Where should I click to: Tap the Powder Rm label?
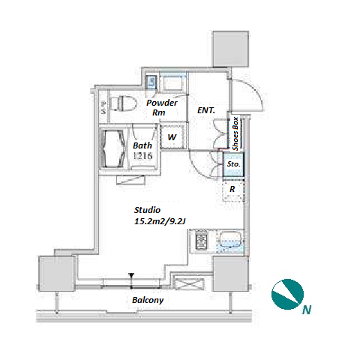162,107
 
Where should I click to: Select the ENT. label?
206,110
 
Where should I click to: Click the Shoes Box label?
235,133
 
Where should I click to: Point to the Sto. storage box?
233,165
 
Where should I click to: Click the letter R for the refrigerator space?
232,189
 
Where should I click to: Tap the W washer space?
172,136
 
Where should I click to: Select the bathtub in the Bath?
113,149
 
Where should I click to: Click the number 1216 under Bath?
142,156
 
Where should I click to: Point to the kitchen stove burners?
201,241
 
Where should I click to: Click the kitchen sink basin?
230,240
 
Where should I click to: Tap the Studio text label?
147,210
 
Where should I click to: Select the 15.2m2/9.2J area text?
160,221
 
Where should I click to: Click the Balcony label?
148,300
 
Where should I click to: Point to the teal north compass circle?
287,294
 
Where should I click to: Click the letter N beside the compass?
307,310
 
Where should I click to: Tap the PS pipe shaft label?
103,108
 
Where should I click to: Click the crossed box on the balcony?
189,283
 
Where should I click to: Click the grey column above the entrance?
230,49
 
